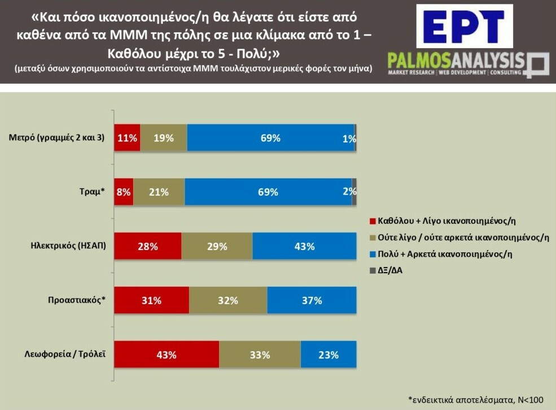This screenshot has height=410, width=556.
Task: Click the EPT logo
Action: pos(465,26)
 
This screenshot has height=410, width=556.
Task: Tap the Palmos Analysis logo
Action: pos(468,64)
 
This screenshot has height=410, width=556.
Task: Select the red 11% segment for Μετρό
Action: pos(127,138)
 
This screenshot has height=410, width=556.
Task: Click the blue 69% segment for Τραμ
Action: pos(268,192)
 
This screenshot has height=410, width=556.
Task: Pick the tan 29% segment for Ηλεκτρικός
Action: pos(217,247)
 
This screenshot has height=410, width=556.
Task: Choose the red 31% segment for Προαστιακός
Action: pos(151,300)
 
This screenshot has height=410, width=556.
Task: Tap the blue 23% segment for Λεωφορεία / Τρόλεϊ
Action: pos(328,355)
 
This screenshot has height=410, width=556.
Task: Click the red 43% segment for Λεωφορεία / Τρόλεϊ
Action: pos(167,355)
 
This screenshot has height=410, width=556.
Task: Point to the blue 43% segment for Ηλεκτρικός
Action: pos(304,247)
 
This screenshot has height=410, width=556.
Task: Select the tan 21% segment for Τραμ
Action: pos(159,192)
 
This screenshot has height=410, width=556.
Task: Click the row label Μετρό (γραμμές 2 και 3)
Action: pos(57,137)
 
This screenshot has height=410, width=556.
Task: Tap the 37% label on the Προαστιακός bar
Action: pos(312,300)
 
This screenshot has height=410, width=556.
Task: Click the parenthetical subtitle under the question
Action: pos(193,68)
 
